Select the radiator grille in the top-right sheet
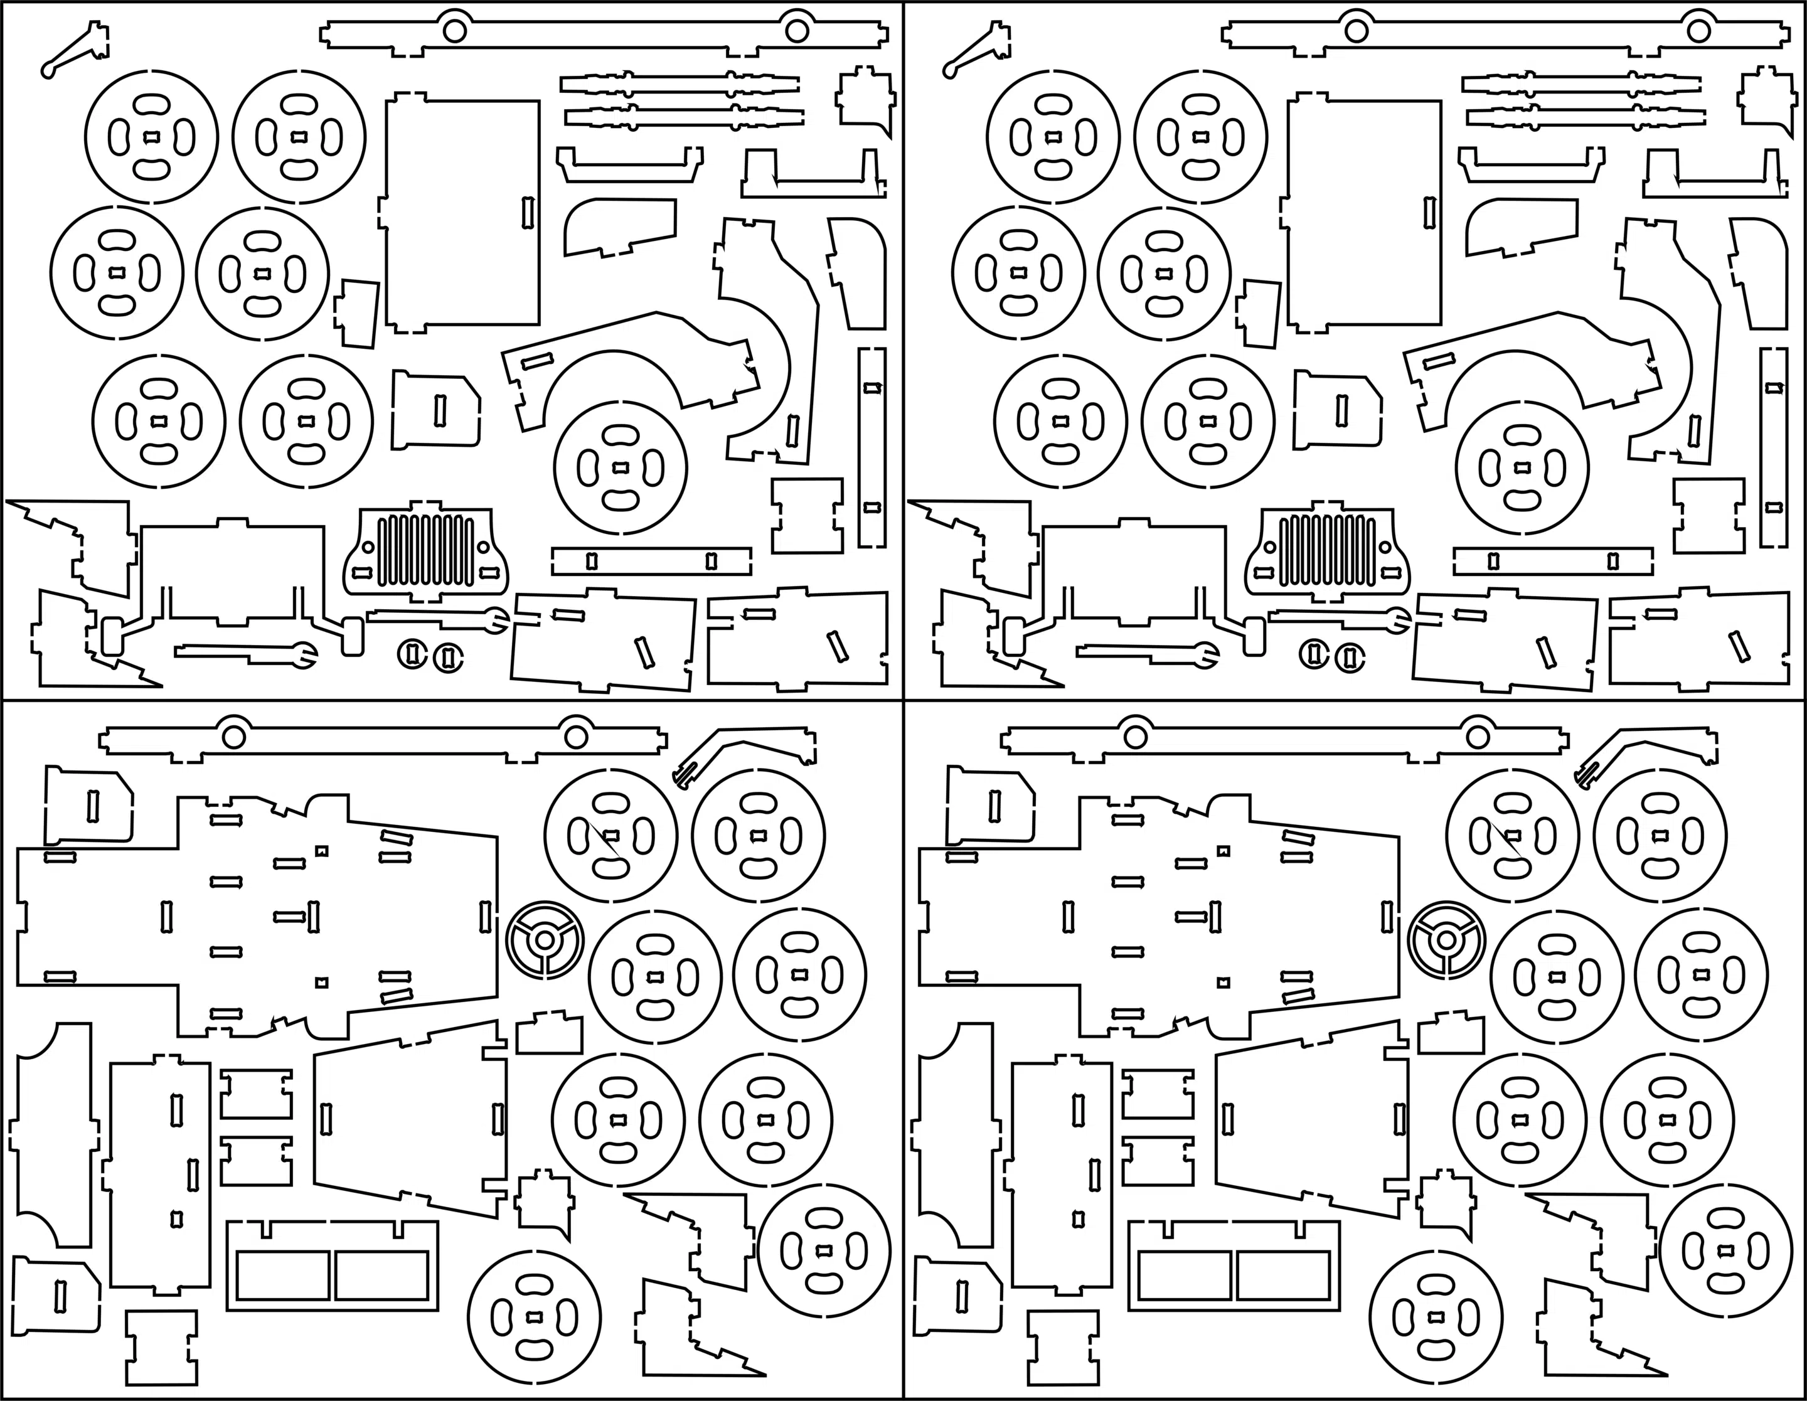pyautogui.click(x=1327, y=550)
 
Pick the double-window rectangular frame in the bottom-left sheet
pyautogui.click(x=333, y=1265)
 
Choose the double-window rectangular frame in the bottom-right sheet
pyautogui.click(x=1234, y=1265)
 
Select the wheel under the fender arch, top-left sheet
pyautogui.click(x=621, y=469)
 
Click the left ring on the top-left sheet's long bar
pyautogui.click(x=454, y=29)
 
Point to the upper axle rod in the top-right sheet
pyautogui.click(x=1580, y=83)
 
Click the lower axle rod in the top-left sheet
pyautogui.click(x=683, y=117)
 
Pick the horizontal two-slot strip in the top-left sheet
pyautogui.click(x=651, y=561)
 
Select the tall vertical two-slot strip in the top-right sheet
pyautogui.click(x=1773, y=447)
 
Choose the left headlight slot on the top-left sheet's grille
pyautogui.click(x=361, y=572)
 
